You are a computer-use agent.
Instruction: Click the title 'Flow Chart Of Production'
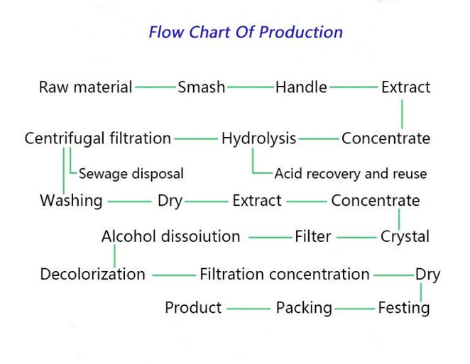coord(246,32)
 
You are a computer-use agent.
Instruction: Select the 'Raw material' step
coord(86,87)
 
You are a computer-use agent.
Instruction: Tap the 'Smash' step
coord(201,87)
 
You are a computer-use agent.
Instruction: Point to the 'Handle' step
coord(301,87)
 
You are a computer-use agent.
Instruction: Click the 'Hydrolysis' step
coord(258,139)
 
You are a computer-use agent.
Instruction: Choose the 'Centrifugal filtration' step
coord(98,138)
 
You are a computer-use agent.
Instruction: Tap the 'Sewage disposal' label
coord(131,174)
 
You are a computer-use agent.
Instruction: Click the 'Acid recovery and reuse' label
coord(351,174)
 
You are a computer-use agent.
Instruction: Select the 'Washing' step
coord(71,201)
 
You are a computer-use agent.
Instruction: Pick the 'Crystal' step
coord(405,237)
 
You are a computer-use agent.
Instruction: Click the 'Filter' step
coord(313,236)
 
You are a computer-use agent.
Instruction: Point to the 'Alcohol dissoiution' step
coord(171,236)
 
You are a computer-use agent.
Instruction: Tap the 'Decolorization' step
coord(92,275)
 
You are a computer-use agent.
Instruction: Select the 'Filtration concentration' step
coord(285,275)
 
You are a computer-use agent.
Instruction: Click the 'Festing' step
coord(404,308)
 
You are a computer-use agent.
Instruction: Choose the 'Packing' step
coord(304,308)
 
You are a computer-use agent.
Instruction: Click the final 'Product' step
coord(193,308)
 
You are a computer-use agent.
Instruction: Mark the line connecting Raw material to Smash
coord(155,87)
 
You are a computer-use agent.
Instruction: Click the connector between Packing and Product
coord(248,309)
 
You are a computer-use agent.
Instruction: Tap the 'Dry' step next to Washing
coord(170,201)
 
